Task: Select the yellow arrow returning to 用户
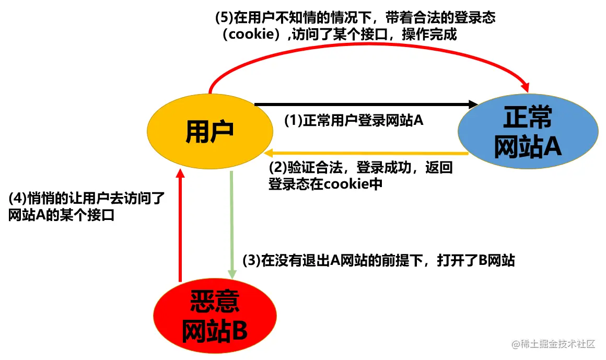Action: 366,153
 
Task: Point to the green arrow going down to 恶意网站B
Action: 231,225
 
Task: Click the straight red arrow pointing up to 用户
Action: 180,225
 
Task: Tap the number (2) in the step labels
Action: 277,168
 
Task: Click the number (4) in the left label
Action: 18,199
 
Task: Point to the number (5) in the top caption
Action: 224,17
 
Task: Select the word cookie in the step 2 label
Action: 345,184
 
